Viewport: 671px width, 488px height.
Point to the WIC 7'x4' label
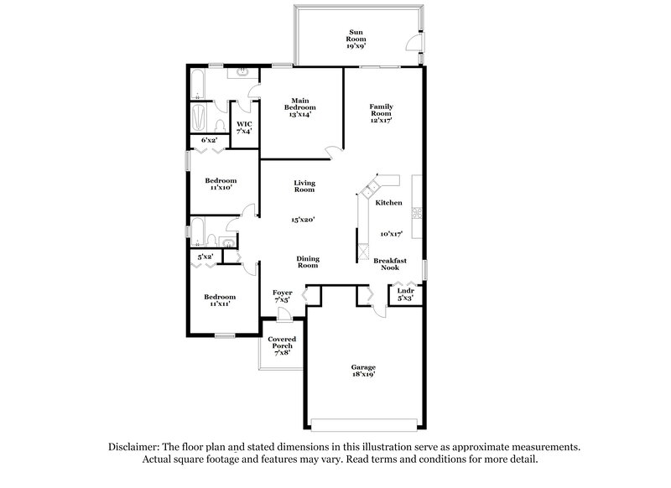pos(244,127)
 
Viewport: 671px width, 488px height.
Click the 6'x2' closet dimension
pos(209,140)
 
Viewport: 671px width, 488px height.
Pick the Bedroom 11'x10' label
pos(221,184)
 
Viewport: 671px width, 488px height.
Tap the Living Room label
pos(304,186)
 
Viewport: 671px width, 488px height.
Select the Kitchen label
pos(388,203)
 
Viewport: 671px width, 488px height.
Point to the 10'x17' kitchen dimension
pos(391,234)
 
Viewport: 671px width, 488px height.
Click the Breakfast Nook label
pos(390,264)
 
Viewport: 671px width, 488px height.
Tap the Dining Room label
pos(308,262)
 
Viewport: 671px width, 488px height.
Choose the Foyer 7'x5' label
pos(283,295)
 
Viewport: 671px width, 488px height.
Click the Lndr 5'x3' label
pos(405,294)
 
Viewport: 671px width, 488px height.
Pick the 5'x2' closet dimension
pos(205,257)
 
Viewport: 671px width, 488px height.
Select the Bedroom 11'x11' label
pos(221,299)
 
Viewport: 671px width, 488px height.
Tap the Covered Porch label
pos(281,345)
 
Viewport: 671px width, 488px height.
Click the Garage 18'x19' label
pos(363,371)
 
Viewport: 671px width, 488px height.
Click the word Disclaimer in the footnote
pos(138,448)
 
